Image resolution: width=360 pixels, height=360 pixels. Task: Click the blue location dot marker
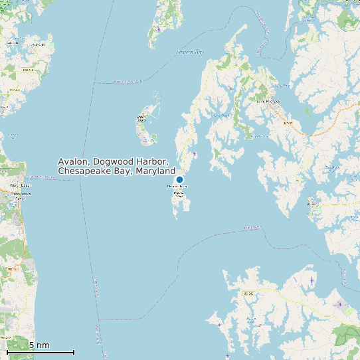(179, 180)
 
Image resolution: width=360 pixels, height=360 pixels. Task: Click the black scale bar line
(41, 352)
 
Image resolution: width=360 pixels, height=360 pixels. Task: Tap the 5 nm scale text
(39, 345)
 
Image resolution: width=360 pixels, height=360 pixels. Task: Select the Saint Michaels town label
(268, 102)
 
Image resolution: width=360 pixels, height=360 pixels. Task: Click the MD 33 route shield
(288, 123)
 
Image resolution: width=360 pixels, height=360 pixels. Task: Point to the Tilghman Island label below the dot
(177, 187)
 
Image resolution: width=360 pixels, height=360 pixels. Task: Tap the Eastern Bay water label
(190, 51)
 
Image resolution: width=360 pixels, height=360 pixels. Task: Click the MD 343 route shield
(249, 292)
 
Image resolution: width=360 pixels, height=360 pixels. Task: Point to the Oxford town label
(311, 204)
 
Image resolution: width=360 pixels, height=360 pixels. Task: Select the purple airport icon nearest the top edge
(159, 29)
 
